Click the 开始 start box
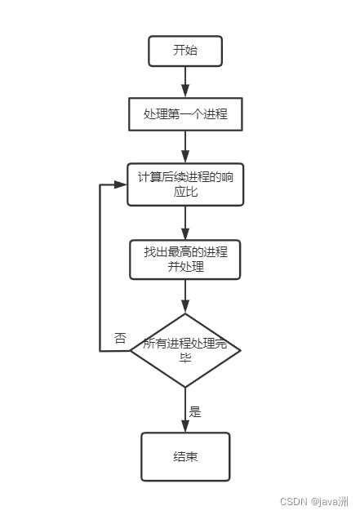pyautogui.click(x=185, y=51)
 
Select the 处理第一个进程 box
pyautogui.click(x=185, y=114)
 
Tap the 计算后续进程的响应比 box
pyautogui.click(x=185, y=184)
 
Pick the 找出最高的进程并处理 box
pyautogui.click(x=185, y=260)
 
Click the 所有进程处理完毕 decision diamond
pyautogui.click(x=185, y=350)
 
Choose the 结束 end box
pyautogui.click(x=185, y=456)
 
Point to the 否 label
pyautogui.click(x=120, y=338)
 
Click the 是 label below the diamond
pyautogui.click(x=195, y=411)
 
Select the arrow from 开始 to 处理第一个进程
pyautogui.click(x=185, y=82)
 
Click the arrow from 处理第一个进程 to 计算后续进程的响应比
pyautogui.click(x=185, y=147)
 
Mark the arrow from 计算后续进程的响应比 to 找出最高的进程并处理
pyautogui.click(x=185, y=222)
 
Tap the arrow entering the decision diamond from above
pyautogui.click(x=185, y=296)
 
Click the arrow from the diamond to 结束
pyautogui.click(x=185, y=410)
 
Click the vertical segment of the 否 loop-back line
pyautogui.click(x=100, y=269)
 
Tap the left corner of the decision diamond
pyautogui.click(x=131, y=351)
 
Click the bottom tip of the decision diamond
pyautogui.click(x=185, y=387)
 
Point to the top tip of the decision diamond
pyautogui.click(x=185, y=314)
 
